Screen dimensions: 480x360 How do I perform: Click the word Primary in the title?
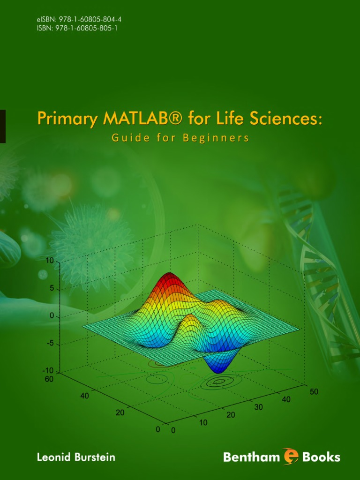coord(67,119)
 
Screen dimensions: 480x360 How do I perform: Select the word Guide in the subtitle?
coord(127,138)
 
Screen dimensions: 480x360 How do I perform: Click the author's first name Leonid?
coord(54,457)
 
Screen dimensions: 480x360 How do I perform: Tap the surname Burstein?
coord(95,457)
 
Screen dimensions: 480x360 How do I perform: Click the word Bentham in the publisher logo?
coord(251,457)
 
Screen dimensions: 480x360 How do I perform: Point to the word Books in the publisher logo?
coord(322,457)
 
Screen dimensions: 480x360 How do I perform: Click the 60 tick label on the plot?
coord(49,379)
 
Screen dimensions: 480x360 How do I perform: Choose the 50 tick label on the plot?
coord(314,391)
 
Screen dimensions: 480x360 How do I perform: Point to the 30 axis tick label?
coord(258,407)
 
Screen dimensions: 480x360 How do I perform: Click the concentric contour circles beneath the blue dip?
coord(218,382)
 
